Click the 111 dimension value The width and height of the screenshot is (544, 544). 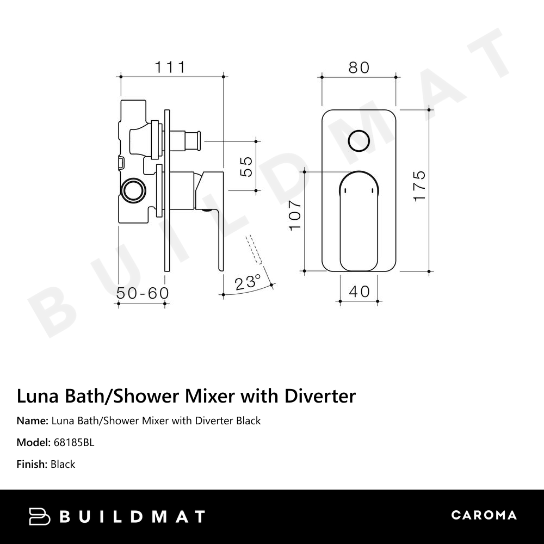170,67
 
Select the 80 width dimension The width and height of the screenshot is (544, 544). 358,67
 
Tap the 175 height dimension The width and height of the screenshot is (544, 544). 419,187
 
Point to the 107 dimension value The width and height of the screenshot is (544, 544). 295,214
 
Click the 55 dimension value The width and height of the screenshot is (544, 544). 246,166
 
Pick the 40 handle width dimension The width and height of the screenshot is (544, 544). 359,292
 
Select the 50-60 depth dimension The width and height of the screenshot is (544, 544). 143,293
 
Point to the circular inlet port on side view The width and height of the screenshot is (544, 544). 132,191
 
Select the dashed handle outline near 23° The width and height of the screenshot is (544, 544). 254,250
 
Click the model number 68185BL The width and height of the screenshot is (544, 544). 74,442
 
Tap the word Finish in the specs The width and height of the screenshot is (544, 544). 32,464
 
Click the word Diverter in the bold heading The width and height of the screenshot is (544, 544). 320,396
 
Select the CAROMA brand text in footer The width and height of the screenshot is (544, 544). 484,515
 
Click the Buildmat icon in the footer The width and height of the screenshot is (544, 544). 40,516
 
